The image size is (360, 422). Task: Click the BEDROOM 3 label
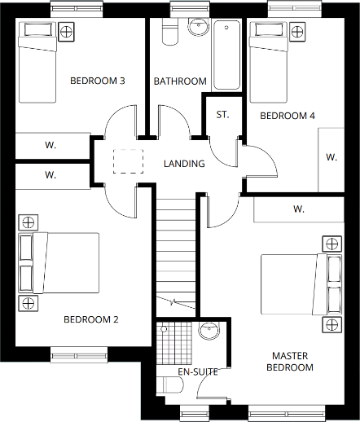tap(97, 81)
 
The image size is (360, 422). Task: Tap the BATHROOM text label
tap(180, 81)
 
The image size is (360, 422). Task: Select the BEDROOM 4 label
tap(287, 116)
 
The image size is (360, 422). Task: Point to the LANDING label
tap(184, 164)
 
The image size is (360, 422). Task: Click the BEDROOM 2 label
tap(91, 319)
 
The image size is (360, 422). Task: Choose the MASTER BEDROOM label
tap(292, 362)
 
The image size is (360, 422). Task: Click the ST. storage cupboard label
tap(222, 114)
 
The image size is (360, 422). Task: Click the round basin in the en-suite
tap(209, 331)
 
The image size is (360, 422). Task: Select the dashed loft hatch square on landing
tap(127, 161)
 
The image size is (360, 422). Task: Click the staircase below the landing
tap(177, 253)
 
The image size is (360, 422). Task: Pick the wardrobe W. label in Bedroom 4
tap(331, 156)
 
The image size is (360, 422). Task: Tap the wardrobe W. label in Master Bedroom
tap(299, 209)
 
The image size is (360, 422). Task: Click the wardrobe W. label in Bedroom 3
tap(50, 145)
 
